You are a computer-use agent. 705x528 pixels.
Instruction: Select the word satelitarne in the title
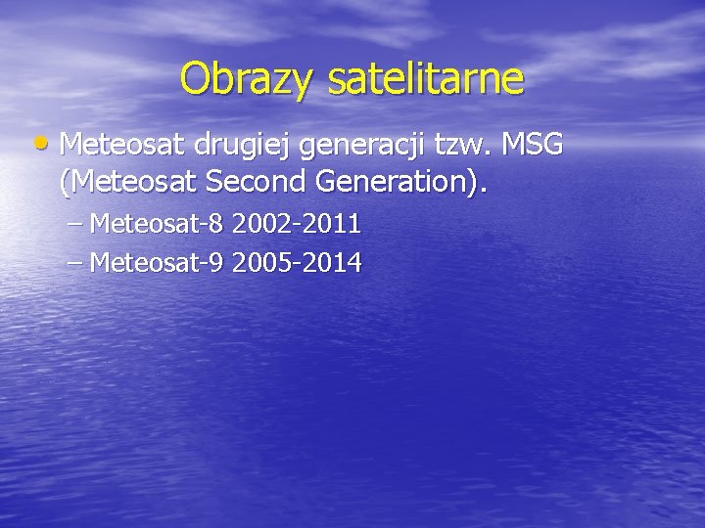click(x=420, y=78)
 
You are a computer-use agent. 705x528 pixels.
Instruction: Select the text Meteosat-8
click(x=158, y=225)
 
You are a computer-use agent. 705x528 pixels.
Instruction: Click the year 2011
click(x=332, y=225)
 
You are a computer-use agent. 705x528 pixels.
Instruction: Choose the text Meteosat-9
click(x=158, y=262)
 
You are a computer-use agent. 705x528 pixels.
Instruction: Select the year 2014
click(x=332, y=262)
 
